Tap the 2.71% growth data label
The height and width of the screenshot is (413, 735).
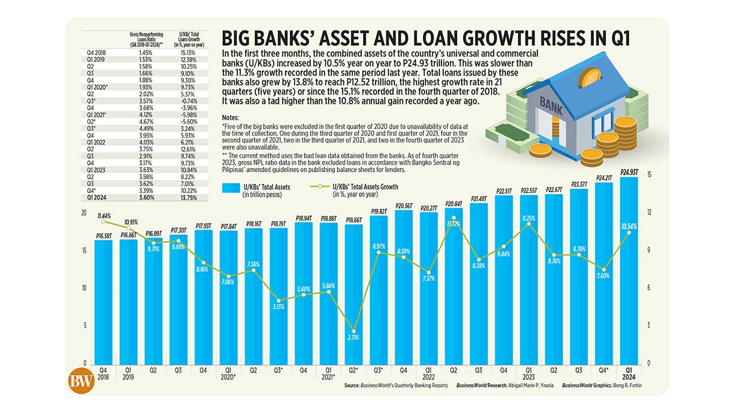353,338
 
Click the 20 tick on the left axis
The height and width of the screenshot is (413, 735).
84,213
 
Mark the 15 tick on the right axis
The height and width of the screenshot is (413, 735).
649,175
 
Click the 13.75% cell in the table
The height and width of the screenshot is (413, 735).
189,197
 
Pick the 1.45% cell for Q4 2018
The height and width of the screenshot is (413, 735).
145,52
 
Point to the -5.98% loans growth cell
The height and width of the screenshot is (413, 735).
189,115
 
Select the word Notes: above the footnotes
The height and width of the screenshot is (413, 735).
230,117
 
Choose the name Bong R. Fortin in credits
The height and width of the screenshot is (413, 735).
629,385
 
